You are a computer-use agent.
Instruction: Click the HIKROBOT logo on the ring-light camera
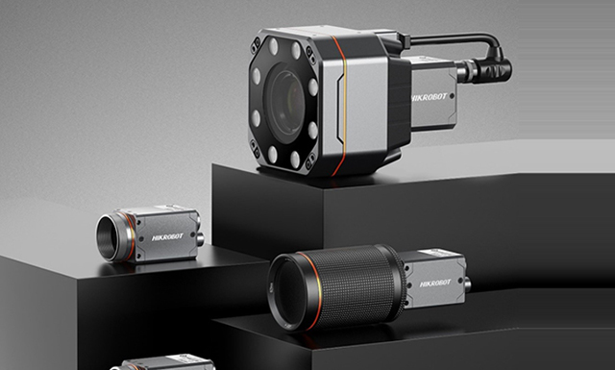point(430,97)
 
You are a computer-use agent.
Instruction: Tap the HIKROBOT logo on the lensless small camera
point(167,236)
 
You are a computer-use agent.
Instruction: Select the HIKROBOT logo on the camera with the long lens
point(435,284)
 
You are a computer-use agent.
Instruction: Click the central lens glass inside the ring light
point(286,104)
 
